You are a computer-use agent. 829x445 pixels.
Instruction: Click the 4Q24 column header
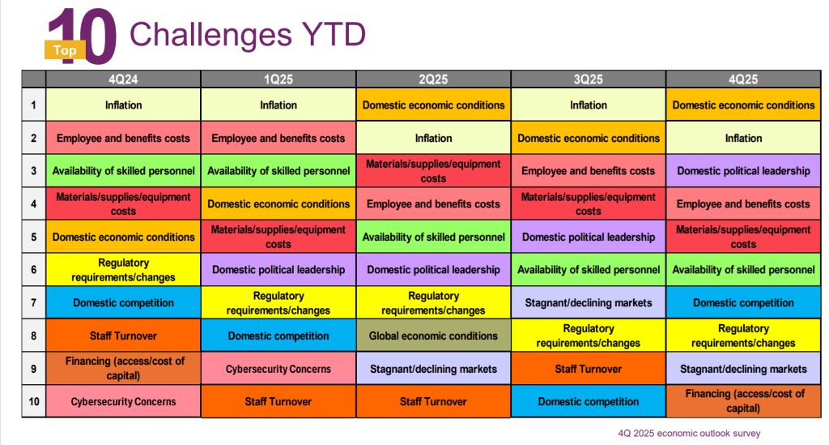click(123, 79)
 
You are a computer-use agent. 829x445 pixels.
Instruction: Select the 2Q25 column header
click(434, 79)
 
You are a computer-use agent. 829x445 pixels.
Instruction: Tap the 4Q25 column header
click(743, 79)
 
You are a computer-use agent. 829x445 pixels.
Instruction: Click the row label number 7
click(34, 302)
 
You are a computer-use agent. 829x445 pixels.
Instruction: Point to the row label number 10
click(34, 401)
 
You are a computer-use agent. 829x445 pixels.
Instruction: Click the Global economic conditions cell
click(434, 336)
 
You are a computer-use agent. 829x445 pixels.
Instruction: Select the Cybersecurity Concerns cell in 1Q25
click(278, 369)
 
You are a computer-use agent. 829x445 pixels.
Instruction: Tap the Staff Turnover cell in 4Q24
click(123, 336)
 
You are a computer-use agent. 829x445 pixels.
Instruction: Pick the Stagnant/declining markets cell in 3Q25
click(589, 302)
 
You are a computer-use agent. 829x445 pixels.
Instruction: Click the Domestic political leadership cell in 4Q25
click(743, 171)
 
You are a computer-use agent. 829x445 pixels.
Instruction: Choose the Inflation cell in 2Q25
click(434, 138)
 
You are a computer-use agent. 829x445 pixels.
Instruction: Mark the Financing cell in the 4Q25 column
click(743, 401)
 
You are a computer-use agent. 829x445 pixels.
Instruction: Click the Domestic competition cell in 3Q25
click(589, 401)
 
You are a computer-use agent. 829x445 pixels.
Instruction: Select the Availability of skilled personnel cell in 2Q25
click(434, 237)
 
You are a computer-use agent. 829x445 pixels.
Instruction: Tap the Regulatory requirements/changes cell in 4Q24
click(123, 270)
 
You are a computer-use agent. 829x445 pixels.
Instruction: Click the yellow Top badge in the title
click(65, 49)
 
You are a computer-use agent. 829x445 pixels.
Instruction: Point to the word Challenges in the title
click(210, 35)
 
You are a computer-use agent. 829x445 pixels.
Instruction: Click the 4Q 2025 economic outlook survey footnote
click(689, 434)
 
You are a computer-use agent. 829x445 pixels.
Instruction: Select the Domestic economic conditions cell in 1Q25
click(278, 203)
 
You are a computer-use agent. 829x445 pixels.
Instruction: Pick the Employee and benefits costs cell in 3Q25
click(589, 171)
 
